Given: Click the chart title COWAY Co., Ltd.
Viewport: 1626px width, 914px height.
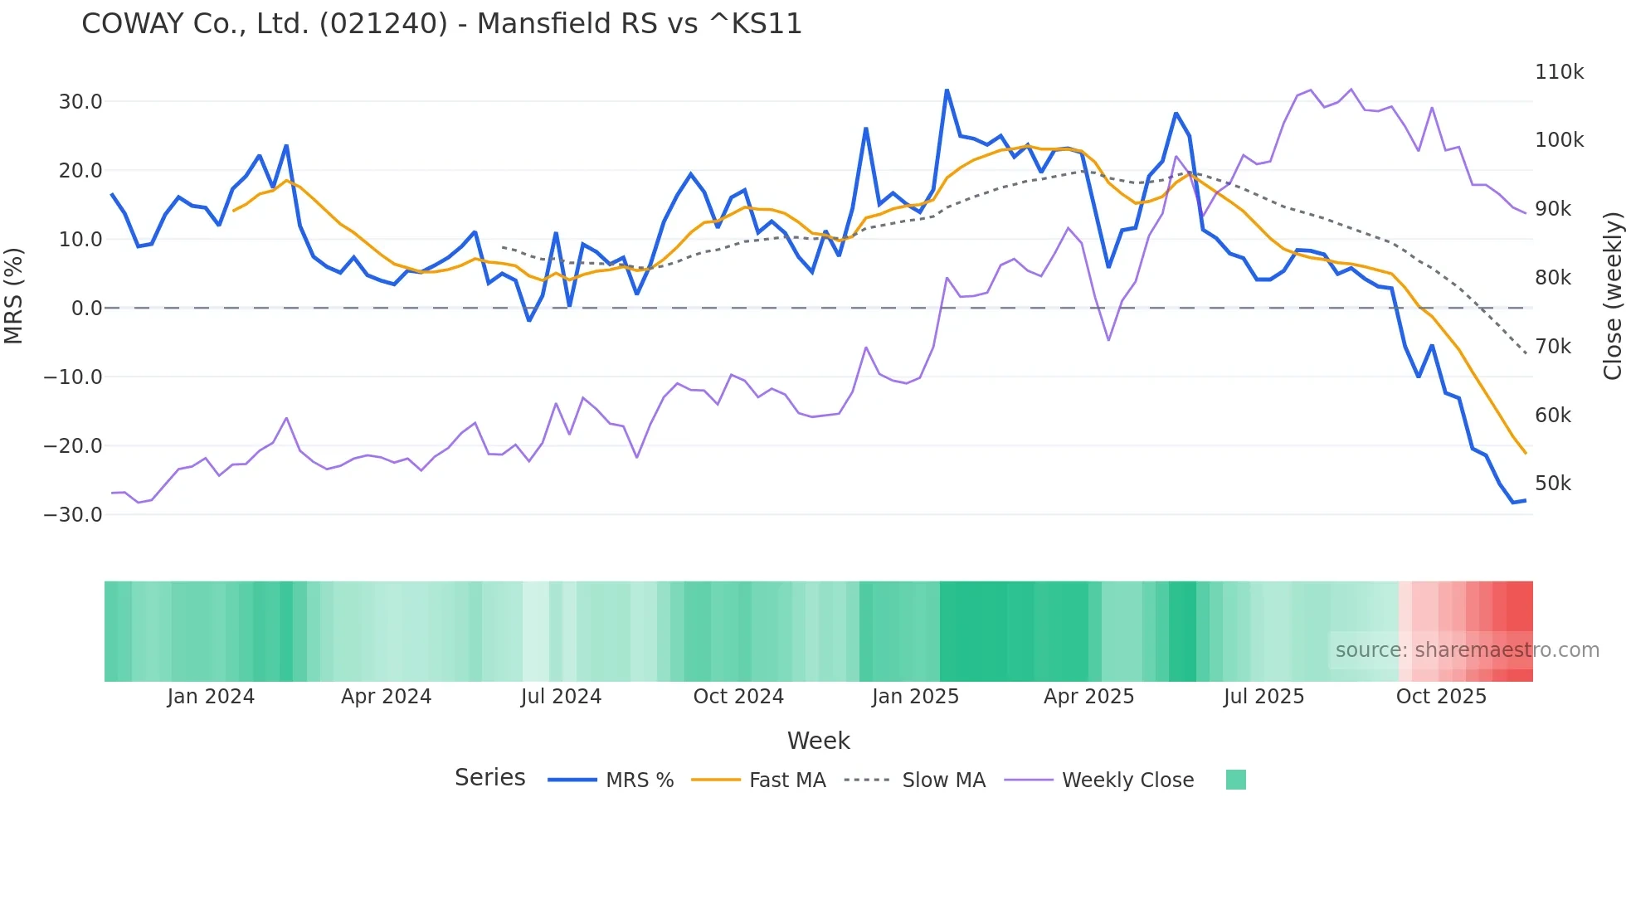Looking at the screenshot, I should (x=441, y=23).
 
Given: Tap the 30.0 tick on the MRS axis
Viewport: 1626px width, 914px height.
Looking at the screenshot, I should (x=80, y=102).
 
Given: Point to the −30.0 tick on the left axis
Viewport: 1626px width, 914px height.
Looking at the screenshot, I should (x=73, y=514).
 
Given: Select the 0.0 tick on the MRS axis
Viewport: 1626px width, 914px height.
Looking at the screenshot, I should (x=86, y=309).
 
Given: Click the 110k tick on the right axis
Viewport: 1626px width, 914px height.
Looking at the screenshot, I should (x=1559, y=72).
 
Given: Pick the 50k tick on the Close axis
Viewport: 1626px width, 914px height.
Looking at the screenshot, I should (x=1552, y=484).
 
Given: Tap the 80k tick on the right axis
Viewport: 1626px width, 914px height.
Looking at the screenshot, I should (x=1552, y=278).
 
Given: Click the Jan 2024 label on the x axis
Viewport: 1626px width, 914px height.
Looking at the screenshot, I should (x=211, y=697).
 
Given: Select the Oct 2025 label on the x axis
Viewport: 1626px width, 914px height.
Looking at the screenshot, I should (x=1441, y=697).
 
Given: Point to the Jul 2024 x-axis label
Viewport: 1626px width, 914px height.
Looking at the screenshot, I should (x=561, y=697).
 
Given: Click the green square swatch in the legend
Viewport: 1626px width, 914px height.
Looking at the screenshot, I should (x=1235, y=780).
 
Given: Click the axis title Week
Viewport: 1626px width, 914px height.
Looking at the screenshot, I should (x=818, y=741).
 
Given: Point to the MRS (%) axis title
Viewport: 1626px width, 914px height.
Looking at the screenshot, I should (x=14, y=295).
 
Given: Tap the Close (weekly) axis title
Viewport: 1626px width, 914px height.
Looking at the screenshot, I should (x=1612, y=295).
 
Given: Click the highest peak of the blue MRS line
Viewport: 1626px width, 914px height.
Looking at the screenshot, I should (x=947, y=90).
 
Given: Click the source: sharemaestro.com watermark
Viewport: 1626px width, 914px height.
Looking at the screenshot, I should (x=1467, y=650).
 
